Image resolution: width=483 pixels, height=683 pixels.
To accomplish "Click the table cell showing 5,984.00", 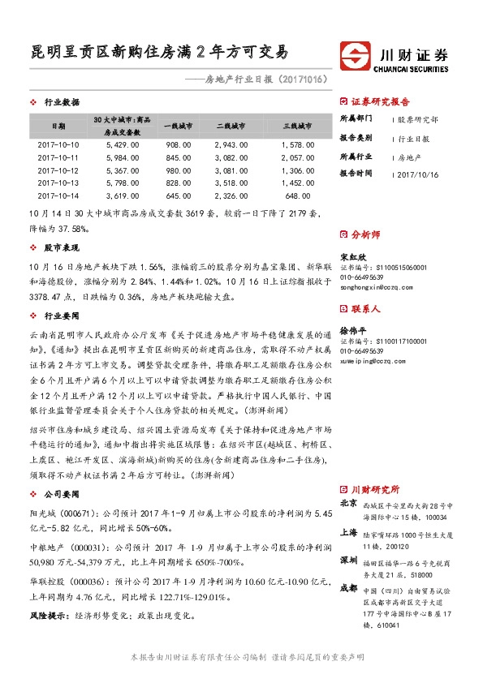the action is (x=123, y=157).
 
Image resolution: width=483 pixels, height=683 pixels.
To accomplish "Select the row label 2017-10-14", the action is (x=58, y=195).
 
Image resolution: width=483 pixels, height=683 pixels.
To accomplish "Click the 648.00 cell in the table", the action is (x=299, y=195).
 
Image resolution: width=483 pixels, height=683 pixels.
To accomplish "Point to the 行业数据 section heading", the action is (x=61, y=102).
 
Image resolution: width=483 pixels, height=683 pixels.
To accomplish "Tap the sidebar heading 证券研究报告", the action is (x=380, y=102).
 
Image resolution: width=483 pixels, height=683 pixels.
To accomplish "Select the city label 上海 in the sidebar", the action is (x=348, y=531).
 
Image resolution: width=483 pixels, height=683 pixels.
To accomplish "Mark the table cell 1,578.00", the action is (x=299, y=144).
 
